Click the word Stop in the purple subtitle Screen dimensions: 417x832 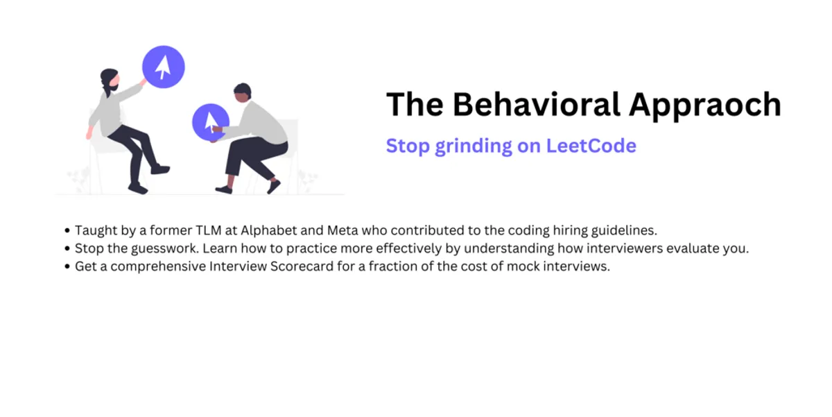[x=408, y=146]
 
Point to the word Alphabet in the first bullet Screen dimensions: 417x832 [x=267, y=230]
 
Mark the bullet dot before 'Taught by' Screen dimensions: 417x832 [x=67, y=230]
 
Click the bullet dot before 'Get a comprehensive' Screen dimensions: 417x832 [x=67, y=267]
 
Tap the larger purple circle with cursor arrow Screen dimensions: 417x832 [x=164, y=67]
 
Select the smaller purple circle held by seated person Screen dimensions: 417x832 [x=210, y=122]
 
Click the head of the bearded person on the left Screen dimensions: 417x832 [x=109, y=80]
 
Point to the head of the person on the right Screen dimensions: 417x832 [x=242, y=93]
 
